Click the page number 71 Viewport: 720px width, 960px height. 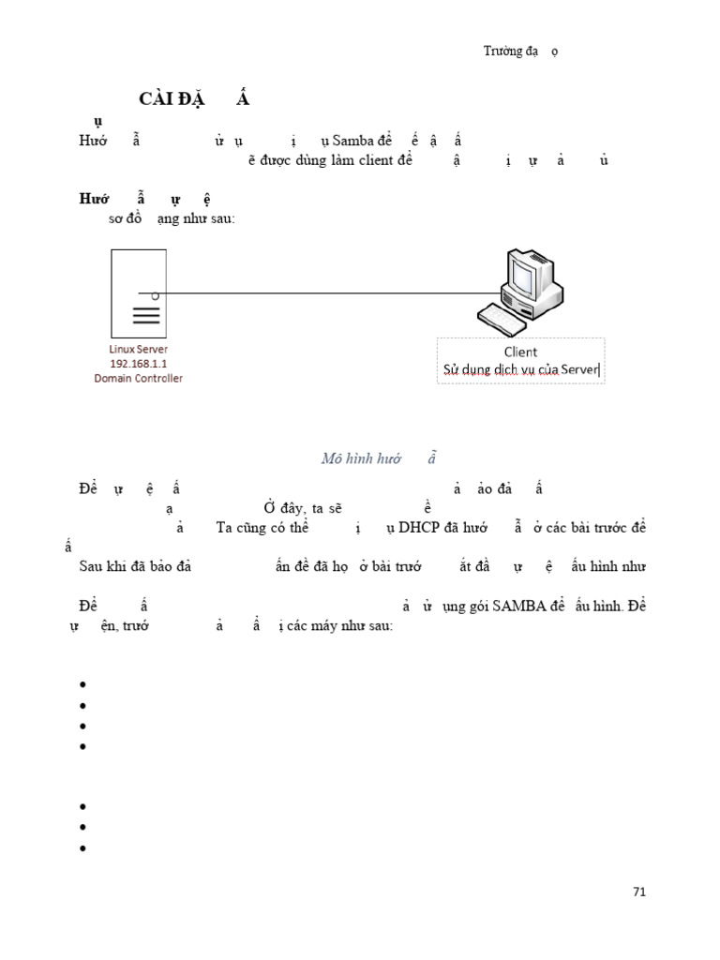point(639,892)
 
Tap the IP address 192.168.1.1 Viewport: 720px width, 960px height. point(139,364)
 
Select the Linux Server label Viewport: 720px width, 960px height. point(139,350)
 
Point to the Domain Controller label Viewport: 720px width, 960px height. point(139,378)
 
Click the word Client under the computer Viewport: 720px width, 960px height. point(520,352)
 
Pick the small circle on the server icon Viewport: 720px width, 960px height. point(155,295)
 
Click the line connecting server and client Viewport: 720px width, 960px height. point(328,293)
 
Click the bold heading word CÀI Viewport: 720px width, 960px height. point(157,99)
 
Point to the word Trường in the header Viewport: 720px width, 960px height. point(502,52)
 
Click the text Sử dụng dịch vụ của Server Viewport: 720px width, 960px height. point(520,370)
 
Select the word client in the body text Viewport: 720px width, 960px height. point(374,159)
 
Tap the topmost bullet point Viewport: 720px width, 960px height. point(83,684)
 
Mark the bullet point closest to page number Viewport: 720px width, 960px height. point(83,847)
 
